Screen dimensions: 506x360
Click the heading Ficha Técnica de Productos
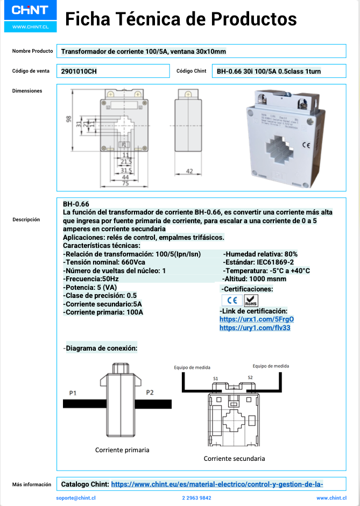tap(180, 19)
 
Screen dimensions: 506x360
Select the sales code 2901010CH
tap(79, 71)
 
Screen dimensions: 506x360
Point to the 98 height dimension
tap(68, 120)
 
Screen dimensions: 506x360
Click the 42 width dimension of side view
tap(189, 171)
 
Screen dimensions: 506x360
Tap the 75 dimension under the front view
tap(125, 183)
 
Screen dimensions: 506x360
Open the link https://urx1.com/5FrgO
tap(256, 319)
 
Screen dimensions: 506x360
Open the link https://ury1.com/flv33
tap(255, 327)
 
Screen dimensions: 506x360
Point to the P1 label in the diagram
tap(73, 393)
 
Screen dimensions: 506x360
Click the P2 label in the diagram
tap(150, 393)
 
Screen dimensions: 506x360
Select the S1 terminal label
tap(215, 379)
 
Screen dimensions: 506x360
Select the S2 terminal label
tap(250, 377)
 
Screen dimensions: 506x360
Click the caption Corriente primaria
tap(122, 450)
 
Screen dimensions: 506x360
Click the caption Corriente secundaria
tap(234, 459)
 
